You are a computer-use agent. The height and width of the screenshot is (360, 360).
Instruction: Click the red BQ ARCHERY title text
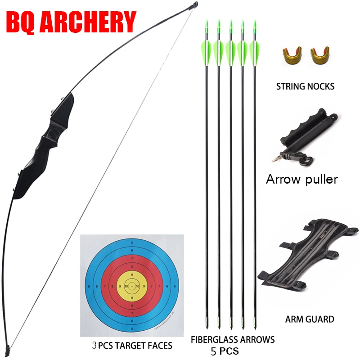[x=71, y=21]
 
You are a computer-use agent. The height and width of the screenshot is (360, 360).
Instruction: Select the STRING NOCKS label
[x=305, y=86]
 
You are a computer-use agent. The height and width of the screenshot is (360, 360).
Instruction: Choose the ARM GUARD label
[x=310, y=319]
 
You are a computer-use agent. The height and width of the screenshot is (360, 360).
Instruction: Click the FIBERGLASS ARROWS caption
[x=232, y=339]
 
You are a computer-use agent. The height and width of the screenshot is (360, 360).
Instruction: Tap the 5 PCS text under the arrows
[x=225, y=350]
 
